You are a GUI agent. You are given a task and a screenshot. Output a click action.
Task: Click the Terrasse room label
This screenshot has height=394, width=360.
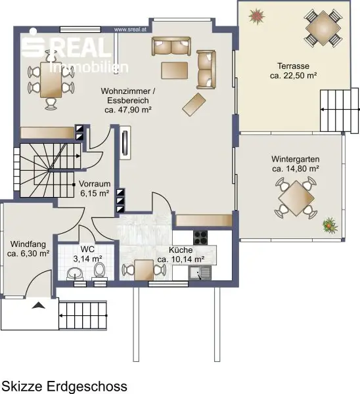coord(293,66)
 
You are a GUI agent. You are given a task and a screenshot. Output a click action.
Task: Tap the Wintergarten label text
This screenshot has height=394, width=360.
coord(296,159)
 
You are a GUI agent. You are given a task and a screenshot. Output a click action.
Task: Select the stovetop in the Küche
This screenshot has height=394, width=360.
coord(200,238)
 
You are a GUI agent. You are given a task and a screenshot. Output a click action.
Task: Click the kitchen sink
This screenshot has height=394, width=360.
coord(200,273)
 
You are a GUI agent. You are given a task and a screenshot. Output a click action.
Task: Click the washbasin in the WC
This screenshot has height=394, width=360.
coord(75,274)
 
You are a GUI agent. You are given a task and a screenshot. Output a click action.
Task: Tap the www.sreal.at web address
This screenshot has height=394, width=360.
coord(130,30)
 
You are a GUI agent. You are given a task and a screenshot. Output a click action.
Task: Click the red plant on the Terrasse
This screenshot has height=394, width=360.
coord(256,16)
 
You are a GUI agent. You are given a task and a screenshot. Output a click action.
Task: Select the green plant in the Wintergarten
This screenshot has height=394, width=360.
coord(330,225)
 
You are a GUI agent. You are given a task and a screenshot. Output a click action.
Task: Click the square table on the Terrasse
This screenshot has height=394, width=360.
coord(323,28)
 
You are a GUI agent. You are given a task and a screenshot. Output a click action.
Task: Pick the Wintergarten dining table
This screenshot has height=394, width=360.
coord(296,198)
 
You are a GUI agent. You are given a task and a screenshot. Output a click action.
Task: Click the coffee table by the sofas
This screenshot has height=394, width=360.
coord(175,71)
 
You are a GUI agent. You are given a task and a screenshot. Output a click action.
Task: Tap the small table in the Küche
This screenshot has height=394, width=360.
coord(144,270)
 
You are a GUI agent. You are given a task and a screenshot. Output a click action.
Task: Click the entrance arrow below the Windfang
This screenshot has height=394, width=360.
coord(39,305)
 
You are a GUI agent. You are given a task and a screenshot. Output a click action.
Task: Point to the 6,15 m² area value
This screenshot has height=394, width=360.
coord(95,193)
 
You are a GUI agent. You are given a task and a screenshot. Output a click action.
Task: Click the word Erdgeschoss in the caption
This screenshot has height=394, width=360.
coord(87,386)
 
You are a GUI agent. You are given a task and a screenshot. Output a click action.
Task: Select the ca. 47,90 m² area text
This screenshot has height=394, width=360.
coord(128,110)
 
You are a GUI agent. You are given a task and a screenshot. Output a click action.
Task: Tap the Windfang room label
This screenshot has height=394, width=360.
coord(28,244)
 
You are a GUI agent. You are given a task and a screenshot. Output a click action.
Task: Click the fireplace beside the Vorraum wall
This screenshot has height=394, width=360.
coord(125,142)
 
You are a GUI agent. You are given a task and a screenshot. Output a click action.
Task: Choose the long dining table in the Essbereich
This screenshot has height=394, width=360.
coord(51,79)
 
